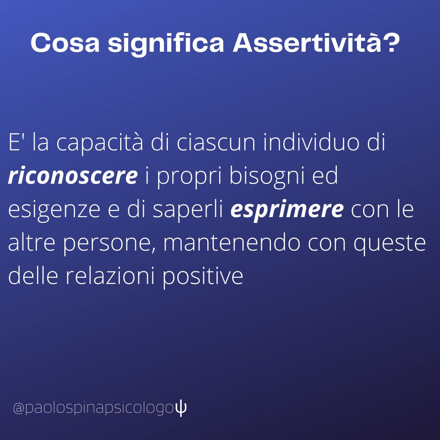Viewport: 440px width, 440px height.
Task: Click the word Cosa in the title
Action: (x=65, y=43)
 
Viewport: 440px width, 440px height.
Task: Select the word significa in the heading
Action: (x=166, y=44)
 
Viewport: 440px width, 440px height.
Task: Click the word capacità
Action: (x=100, y=143)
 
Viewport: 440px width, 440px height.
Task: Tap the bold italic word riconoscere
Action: (x=73, y=176)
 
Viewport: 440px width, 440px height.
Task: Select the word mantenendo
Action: (x=232, y=242)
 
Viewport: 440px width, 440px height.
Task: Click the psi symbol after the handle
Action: (x=181, y=408)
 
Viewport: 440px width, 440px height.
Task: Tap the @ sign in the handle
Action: (x=19, y=408)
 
